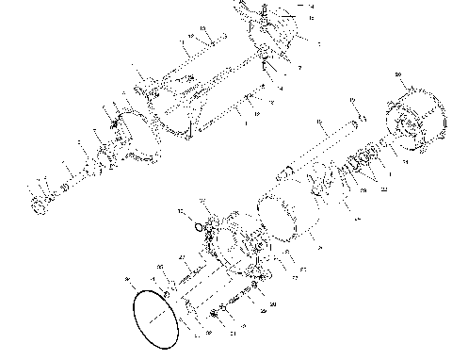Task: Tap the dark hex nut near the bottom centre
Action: click(215, 313)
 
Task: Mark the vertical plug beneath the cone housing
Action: click(266, 67)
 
